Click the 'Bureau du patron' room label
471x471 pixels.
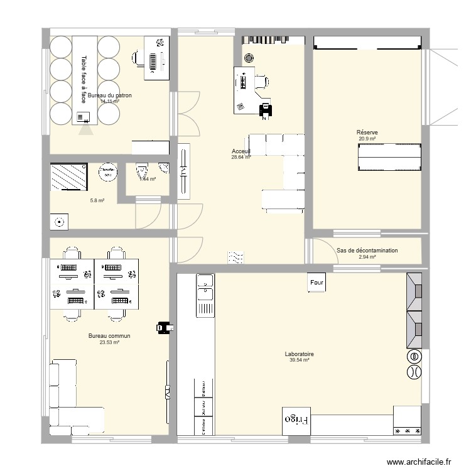point(110,95)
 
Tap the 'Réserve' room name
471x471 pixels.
point(367,133)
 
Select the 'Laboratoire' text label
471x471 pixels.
point(299,354)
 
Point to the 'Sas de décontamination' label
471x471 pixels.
point(367,251)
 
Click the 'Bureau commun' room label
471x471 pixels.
point(109,336)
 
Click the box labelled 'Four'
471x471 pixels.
point(317,283)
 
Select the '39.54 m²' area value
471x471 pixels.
point(299,360)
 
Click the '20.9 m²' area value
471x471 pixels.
point(367,139)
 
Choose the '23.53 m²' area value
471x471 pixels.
point(109,342)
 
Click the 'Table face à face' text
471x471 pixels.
point(84,78)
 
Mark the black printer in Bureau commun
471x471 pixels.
point(165,327)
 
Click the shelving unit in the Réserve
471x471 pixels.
point(389,157)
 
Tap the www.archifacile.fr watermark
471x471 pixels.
point(419,462)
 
